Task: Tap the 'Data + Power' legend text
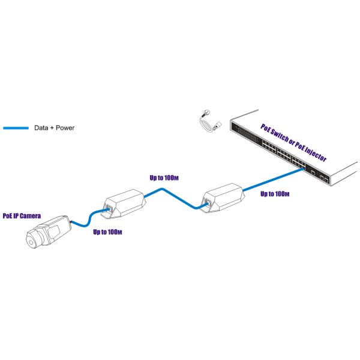[x=55, y=128]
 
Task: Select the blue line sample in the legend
[x=16, y=128]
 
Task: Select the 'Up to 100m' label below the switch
[x=275, y=194]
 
